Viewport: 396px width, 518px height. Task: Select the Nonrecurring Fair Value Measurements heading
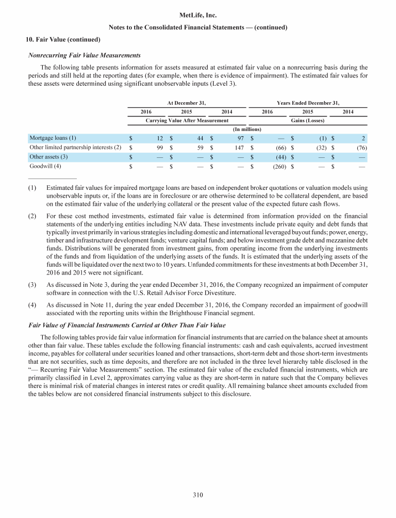pyautogui.click(x=85, y=55)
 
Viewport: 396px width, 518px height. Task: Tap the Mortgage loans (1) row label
pyautogui.click(x=53, y=138)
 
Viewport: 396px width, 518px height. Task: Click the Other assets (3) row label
pyautogui.click(x=49, y=157)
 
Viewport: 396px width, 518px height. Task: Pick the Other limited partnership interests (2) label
pyautogui.click(x=75, y=148)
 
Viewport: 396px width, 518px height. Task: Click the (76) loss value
pyautogui.click(x=361, y=148)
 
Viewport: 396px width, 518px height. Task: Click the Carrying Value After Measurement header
pyautogui.click(x=187, y=120)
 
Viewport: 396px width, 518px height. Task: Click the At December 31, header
pyautogui.click(x=187, y=103)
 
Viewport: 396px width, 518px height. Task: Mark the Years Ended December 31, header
pyautogui.click(x=308, y=103)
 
